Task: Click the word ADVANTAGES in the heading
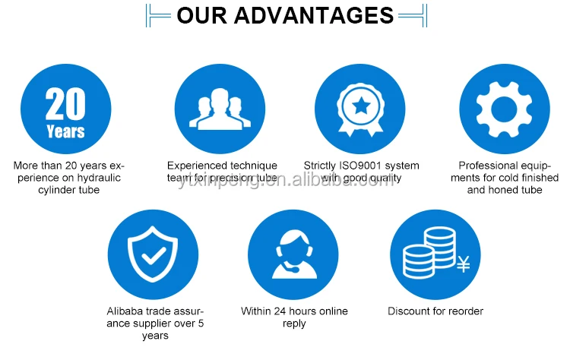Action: pyautogui.click(x=314, y=15)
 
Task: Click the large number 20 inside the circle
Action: pyautogui.click(x=65, y=104)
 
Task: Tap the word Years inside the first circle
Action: pyautogui.click(x=66, y=131)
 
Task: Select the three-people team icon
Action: pyautogui.click(x=220, y=109)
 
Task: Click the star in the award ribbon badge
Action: pyautogui.click(x=361, y=106)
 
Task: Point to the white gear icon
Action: pyautogui.click(x=504, y=109)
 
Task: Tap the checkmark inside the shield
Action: pyautogui.click(x=154, y=256)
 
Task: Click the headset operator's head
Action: pyautogui.click(x=293, y=248)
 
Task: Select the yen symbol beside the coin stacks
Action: pyautogui.click(x=463, y=264)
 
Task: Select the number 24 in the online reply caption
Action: pyautogui.click(x=280, y=311)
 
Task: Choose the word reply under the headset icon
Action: pyautogui.click(x=294, y=324)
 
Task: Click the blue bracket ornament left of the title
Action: pyautogui.click(x=158, y=16)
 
